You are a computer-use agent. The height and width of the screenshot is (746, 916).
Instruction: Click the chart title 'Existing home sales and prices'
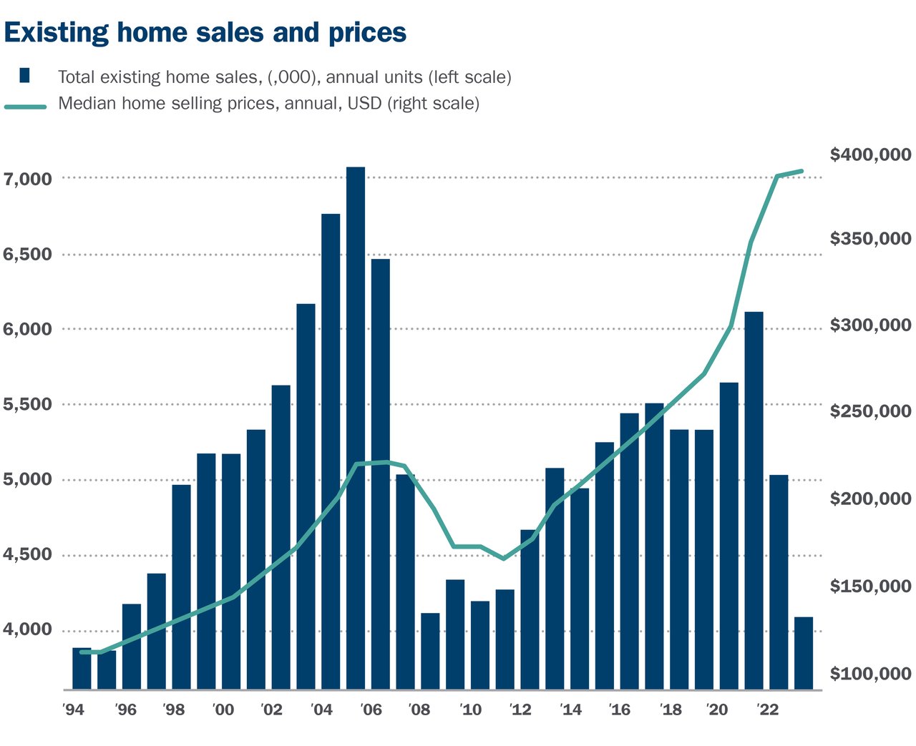(x=205, y=33)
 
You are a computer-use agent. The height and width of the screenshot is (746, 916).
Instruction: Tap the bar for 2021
(x=754, y=501)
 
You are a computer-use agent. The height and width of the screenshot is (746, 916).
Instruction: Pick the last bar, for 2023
(x=804, y=653)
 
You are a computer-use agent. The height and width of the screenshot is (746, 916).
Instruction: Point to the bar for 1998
(x=181, y=587)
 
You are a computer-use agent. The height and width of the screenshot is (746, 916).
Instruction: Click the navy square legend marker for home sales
(x=25, y=76)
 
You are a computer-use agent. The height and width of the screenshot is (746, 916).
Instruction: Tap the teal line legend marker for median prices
(x=25, y=107)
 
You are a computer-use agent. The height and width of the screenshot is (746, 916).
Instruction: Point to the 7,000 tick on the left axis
(x=28, y=179)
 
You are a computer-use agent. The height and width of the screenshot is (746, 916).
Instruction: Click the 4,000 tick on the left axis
(x=28, y=629)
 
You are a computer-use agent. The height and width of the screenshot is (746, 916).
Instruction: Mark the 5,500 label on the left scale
(x=28, y=405)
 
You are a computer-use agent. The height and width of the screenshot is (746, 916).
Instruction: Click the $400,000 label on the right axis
(x=870, y=154)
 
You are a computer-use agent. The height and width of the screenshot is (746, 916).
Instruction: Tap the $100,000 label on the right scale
(x=870, y=674)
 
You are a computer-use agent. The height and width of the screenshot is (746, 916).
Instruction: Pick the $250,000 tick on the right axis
(x=870, y=411)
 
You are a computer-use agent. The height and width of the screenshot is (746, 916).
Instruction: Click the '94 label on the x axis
(x=74, y=710)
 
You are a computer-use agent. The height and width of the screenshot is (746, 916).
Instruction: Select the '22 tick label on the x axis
(x=767, y=710)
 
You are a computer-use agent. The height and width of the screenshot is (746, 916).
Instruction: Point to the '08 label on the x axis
(x=419, y=710)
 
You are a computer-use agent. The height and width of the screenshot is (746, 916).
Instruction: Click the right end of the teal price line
(x=802, y=172)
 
